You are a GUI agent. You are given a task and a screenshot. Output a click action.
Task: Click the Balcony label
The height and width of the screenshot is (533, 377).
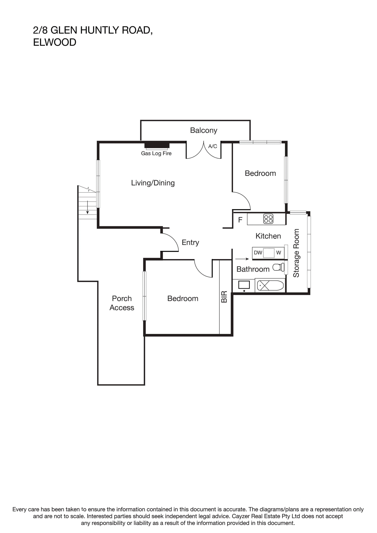click(204, 130)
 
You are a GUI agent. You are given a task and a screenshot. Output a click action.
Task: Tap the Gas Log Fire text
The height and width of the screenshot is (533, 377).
click(156, 153)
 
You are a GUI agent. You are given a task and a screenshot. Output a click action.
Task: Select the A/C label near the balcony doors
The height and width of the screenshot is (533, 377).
click(212, 146)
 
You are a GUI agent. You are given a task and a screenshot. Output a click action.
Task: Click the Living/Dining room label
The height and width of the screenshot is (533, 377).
click(153, 183)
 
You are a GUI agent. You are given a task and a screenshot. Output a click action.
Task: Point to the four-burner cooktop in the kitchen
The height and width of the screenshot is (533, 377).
click(268, 219)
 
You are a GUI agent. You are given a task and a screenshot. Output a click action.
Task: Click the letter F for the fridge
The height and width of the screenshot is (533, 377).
click(240, 220)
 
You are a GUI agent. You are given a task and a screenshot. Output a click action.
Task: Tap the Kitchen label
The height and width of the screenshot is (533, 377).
click(268, 236)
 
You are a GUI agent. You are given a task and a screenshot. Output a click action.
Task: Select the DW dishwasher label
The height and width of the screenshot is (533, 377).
click(258, 253)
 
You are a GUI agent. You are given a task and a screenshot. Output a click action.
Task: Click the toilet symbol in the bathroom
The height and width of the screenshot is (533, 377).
click(278, 267)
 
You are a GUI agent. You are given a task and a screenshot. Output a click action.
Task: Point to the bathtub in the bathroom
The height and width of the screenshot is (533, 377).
click(270, 286)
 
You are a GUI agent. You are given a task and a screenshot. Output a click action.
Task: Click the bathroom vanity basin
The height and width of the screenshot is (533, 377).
click(244, 285)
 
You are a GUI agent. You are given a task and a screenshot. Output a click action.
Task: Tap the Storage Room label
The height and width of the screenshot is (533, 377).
click(296, 253)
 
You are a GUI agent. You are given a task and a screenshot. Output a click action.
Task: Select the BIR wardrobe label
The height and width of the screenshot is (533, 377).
click(224, 297)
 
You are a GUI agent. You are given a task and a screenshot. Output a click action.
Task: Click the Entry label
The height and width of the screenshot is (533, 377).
click(190, 243)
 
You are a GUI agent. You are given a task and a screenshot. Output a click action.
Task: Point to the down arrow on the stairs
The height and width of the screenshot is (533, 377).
click(87, 207)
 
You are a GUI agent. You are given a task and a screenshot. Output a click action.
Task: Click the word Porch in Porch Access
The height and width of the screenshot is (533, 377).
click(122, 298)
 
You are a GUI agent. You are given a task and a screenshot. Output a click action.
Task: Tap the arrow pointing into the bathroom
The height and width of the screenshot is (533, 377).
click(242, 259)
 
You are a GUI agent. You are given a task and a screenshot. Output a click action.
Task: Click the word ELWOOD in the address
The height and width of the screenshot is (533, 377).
click(55, 42)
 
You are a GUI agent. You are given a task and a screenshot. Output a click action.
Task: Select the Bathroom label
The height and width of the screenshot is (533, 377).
click(253, 269)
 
